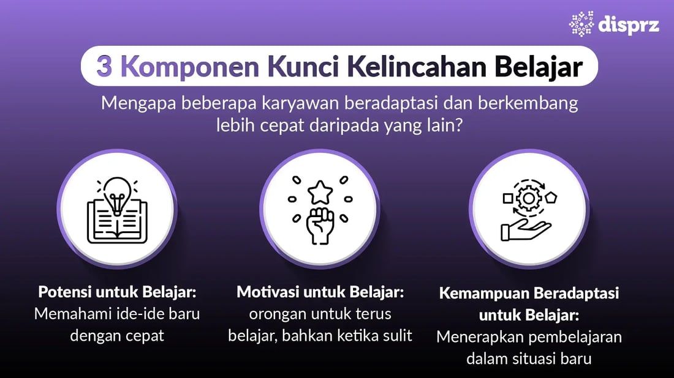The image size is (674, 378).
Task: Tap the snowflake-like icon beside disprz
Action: tap(581, 23)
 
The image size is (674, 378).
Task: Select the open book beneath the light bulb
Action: tap(117, 224)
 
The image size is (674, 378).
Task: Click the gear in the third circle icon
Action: tap(527, 198)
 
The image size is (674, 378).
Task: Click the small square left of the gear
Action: tap(507, 198)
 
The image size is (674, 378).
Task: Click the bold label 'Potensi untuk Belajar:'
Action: tap(117, 292)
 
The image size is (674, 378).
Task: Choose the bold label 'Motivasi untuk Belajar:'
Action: tap(320, 292)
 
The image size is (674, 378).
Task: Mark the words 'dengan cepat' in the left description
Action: tap(117, 336)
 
